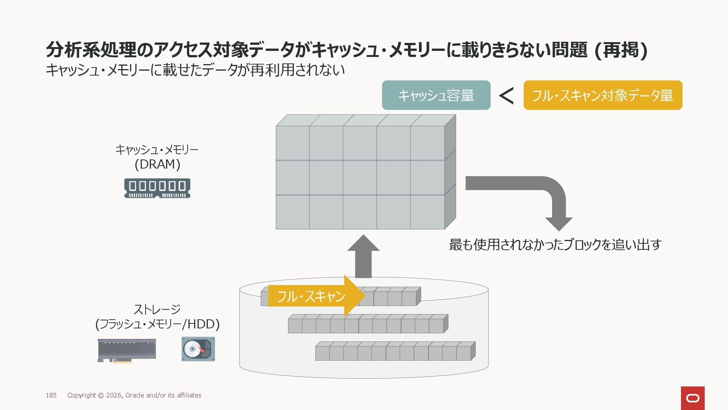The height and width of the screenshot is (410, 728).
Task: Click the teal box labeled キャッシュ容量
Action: coord(436,95)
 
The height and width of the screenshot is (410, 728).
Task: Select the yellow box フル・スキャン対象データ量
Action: coord(602,95)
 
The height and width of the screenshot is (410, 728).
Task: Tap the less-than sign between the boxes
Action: coord(507,96)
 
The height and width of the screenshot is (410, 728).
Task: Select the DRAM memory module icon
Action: coord(157,188)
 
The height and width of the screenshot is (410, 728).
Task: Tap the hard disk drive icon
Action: coord(198,349)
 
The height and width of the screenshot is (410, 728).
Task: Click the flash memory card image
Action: coord(127,350)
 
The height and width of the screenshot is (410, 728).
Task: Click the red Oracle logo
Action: coord(692,398)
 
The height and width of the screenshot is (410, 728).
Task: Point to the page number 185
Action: coord(51,395)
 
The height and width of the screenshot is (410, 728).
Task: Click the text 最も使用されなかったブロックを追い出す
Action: coord(555,244)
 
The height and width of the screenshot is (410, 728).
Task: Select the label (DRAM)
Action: coord(157,164)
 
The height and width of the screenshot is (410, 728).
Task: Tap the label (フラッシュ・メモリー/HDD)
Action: coord(157,324)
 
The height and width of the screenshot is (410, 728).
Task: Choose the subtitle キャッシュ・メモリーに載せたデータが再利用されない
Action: coord(195,70)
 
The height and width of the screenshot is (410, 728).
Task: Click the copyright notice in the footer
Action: coord(134,395)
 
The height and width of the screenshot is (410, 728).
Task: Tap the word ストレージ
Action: coord(157,309)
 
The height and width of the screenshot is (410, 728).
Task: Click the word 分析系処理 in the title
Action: coord(91,50)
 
